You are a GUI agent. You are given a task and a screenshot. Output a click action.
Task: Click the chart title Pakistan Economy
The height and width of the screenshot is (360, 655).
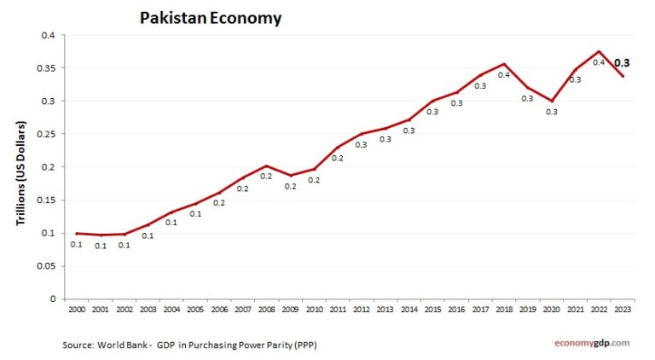[x=210, y=17]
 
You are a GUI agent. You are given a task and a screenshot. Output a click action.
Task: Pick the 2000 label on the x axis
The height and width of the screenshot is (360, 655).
[x=77, y=309]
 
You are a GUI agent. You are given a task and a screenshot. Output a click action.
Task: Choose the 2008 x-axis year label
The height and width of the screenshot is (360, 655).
[x=267, y=309]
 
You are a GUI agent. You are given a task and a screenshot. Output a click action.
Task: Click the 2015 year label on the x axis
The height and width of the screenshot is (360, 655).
[x=433, y=309]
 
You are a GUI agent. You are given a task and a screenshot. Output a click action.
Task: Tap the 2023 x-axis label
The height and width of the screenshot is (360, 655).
[x=623, y=309]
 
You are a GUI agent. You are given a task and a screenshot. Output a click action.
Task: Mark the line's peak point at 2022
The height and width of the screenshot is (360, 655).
[x=600, y=51]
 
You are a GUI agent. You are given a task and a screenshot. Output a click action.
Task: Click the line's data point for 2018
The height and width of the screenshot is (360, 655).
[x=505, y=64]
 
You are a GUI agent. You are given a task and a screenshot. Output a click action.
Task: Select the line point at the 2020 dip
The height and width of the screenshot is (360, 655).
[x=552, y=101]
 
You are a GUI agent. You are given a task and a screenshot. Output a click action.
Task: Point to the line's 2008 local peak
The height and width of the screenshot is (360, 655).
[x=267, y=165]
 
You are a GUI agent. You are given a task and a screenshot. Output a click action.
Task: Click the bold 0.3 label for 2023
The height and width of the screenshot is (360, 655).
[x=623, y=62]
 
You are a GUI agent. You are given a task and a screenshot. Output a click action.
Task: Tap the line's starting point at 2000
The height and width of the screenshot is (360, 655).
[x=77, y=233]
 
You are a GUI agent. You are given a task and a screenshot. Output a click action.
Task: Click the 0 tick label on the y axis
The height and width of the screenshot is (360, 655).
[x=53, y=299]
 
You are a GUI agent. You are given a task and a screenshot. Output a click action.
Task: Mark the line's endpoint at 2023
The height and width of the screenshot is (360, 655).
[x=623, y=76]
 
